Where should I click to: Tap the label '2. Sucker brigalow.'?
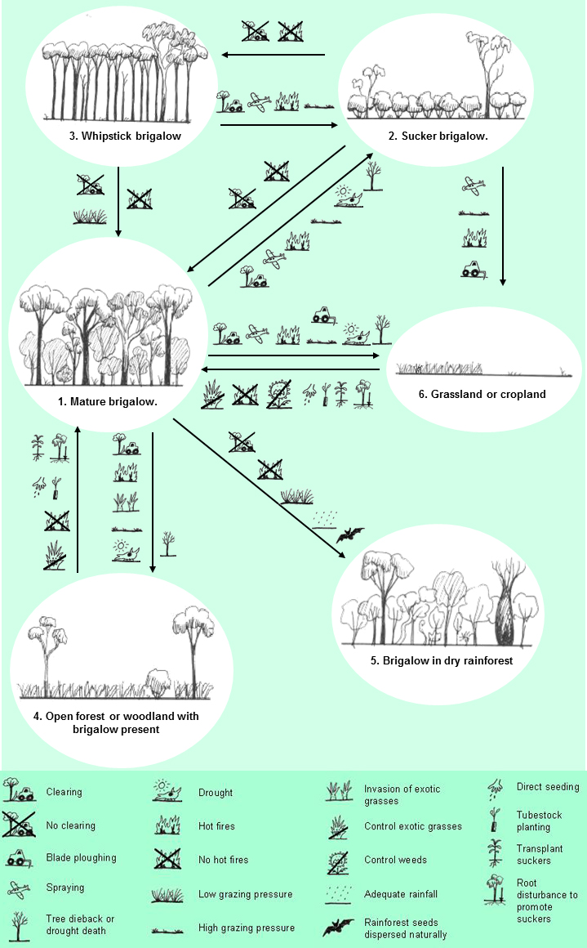pyautogui.click(x=444, y=136)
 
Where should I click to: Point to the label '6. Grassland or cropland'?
pyautogui.click(x=482, y=394)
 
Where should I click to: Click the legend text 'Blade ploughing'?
pyautogui.click(x=82, y=857)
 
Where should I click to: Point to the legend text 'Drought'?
pyautogui.click(x=216, y=793)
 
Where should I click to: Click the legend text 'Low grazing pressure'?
pyautogui.click(x=245, y=894)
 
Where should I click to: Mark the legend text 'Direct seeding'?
pyautogui.click(x=548, y=787)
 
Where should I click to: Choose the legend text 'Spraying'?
pyautogui.click(x=65, y=888)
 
